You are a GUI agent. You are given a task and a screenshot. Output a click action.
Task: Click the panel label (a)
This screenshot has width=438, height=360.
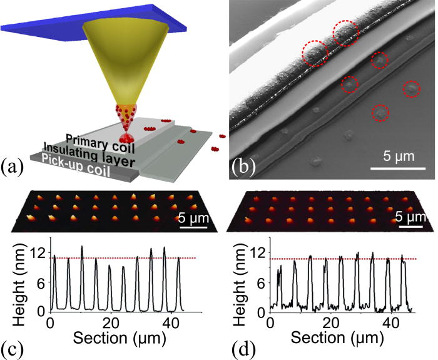[13, 168]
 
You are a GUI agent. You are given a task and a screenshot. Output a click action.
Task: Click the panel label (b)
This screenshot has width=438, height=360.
[243, 168]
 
